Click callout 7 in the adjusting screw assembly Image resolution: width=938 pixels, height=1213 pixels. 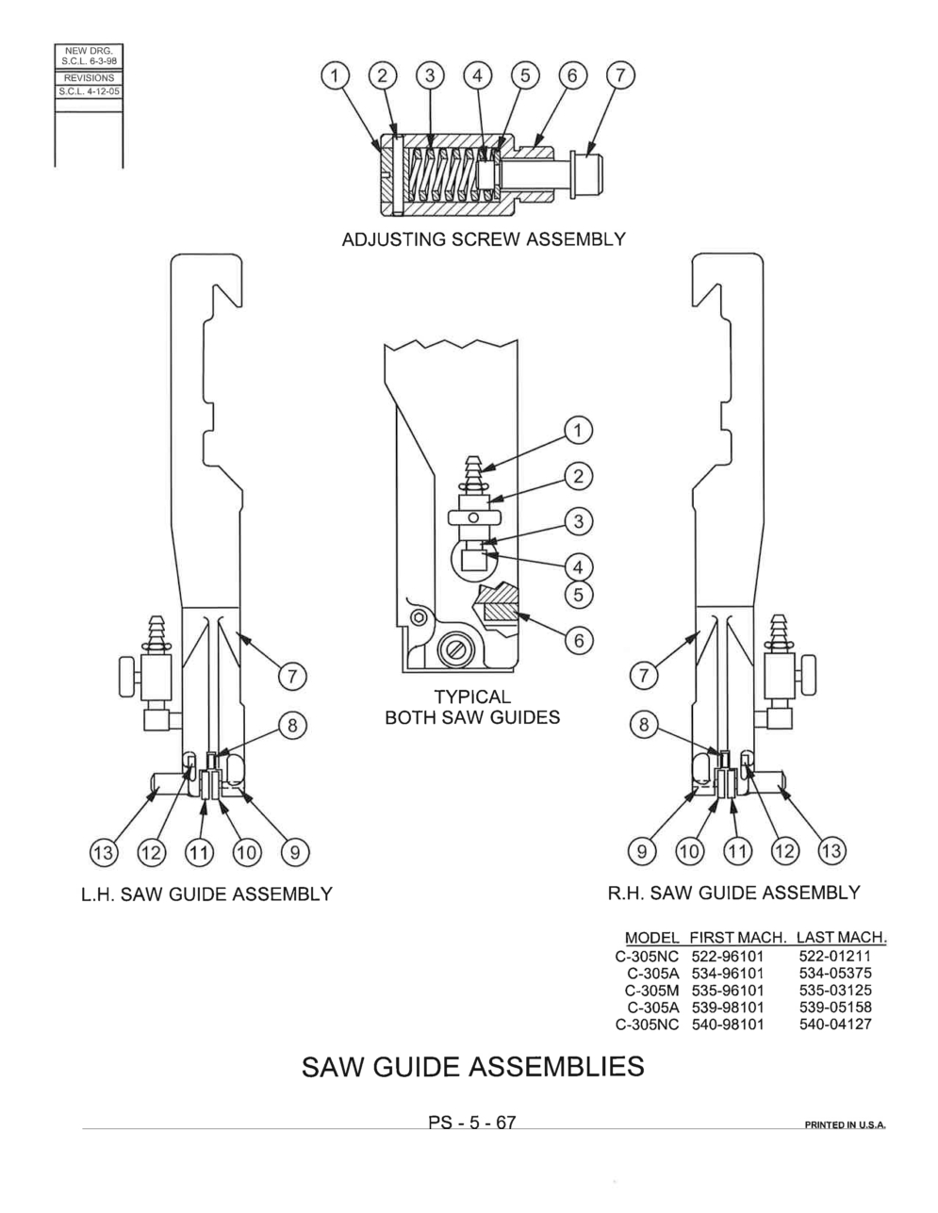[620, 75]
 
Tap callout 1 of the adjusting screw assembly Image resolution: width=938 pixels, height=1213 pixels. [335, 75]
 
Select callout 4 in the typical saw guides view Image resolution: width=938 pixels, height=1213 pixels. [578, 567]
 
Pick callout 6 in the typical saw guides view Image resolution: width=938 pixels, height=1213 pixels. [579, 640]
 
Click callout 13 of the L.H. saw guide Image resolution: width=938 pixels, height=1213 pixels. [104, 852]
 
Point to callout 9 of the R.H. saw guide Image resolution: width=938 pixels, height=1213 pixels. [642, 851]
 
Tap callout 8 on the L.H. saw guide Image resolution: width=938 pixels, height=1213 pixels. [292, 726]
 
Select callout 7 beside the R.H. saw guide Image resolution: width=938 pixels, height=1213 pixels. [644, 676]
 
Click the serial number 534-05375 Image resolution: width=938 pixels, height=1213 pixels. [834, 973]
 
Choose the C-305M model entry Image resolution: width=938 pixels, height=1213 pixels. [651, 991]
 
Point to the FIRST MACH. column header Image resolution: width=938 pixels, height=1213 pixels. [738, 938]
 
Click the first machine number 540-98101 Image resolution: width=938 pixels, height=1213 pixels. [727, 1024]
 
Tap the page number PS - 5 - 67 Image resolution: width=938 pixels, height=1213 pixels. [471, 1122]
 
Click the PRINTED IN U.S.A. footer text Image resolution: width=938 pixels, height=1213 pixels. [845, 1124]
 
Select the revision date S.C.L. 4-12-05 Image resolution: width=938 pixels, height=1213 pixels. [89, 91]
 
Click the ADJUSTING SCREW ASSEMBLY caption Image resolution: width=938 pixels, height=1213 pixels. [484, 239]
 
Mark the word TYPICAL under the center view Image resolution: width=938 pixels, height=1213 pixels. [472, 697]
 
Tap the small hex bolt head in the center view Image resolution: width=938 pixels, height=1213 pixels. [420, 618]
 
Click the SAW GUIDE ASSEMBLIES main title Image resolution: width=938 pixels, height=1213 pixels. [473, 1067]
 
